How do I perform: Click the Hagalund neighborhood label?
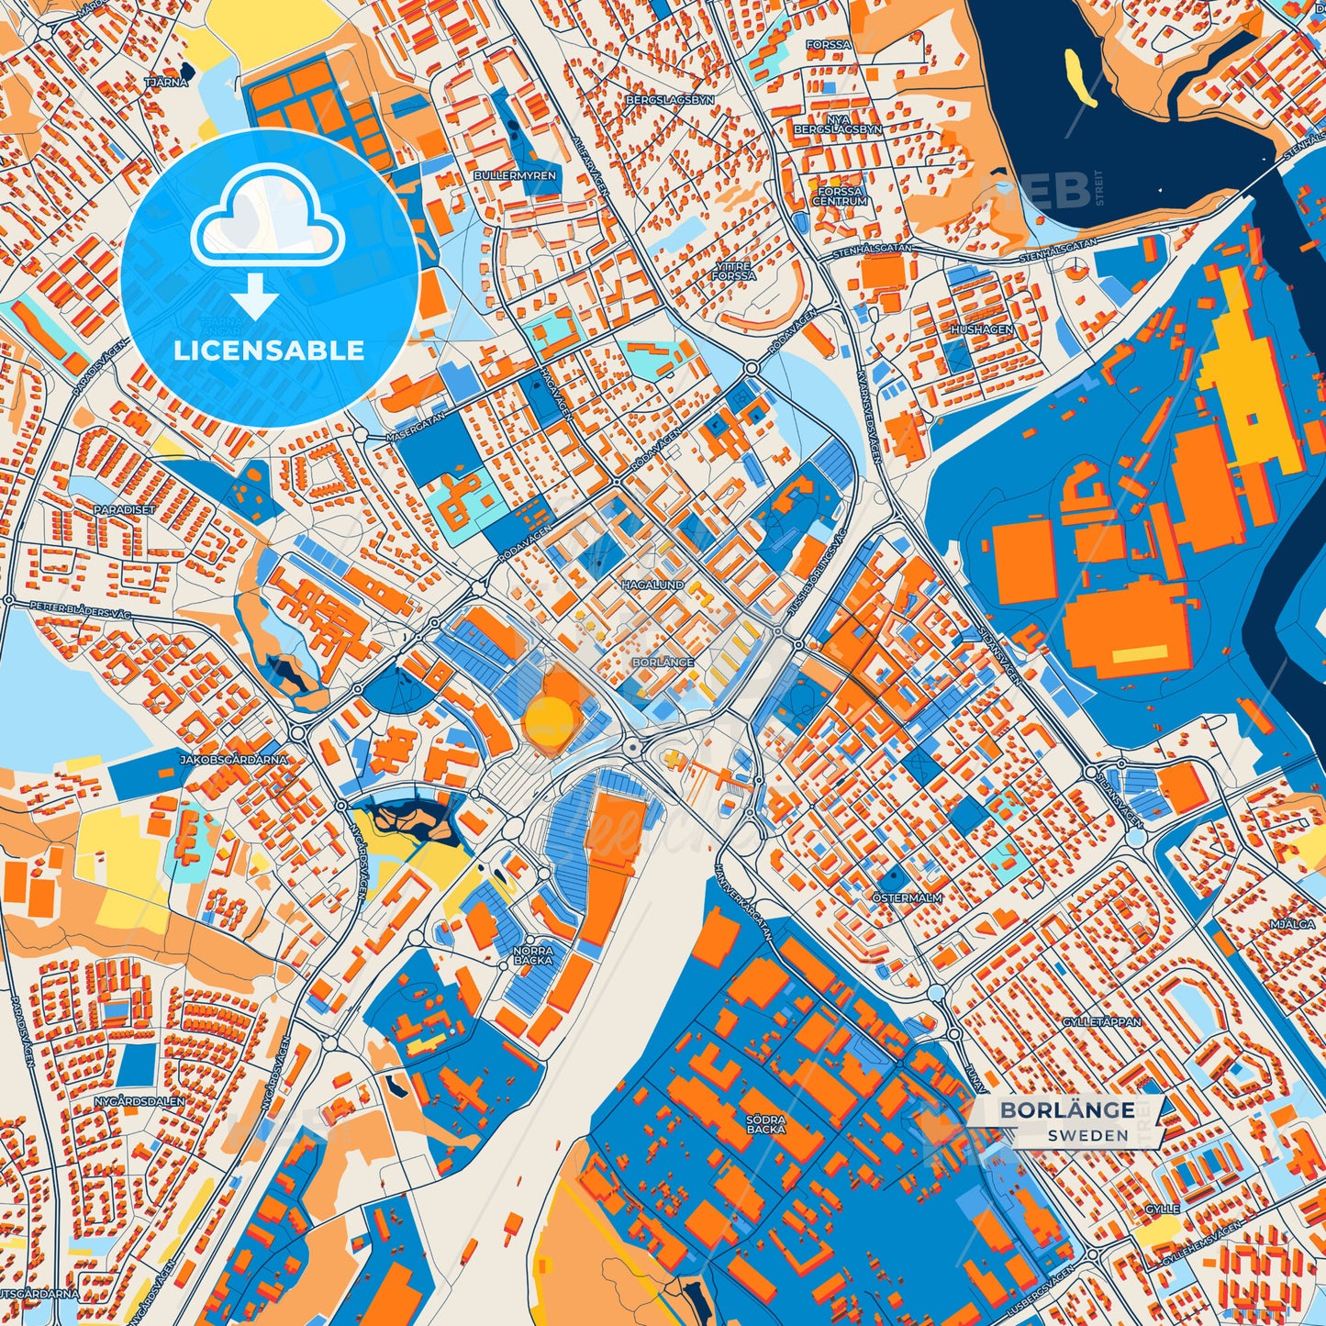click(652, 584)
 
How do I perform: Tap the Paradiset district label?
click(125, 508)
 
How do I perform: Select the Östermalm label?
click(907, 897)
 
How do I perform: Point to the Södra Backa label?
click(765, 1124)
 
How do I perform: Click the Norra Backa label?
click(533, 954)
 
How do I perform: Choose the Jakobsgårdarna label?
click(234, 759)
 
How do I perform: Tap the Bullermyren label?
click(515, 174)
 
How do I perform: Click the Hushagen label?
click(982, 329)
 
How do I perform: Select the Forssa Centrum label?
click(840, 196)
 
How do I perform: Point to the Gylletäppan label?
click(1101, 1021)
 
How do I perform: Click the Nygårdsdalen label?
click(139, 1100)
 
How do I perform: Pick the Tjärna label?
click(166, 82)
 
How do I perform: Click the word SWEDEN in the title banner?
click(1087, 1135)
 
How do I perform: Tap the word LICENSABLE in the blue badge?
click(269, 351)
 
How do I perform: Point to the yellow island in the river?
click(1080, 77)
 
